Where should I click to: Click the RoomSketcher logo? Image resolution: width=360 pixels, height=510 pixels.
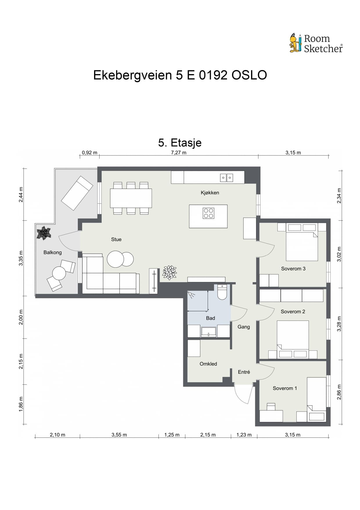point(316,43)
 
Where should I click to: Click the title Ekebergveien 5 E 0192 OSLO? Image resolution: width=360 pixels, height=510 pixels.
point(180,75)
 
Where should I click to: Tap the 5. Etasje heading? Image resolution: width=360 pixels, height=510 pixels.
point(180,143)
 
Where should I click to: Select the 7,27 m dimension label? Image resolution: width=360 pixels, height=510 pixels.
point(179,153)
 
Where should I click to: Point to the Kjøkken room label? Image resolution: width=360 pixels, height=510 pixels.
point(210,193)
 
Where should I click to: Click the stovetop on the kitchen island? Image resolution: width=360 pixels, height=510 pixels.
point(208,213)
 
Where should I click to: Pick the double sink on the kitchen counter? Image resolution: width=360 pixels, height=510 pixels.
point(226,178)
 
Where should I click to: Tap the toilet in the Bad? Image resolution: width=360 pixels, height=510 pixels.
point(222,292)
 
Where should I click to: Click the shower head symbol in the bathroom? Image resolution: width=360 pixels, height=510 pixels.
point(191,295)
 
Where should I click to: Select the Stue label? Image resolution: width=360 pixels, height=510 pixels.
point(116,239)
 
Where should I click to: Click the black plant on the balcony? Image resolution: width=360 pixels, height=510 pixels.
point(44,233)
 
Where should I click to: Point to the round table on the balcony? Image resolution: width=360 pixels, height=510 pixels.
point(59,273)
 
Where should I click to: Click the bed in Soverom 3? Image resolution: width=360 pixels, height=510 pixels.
point(302,242)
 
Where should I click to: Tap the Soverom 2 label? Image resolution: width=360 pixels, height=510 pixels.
point(293,312)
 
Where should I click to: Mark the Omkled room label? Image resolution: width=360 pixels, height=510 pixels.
point(208,364)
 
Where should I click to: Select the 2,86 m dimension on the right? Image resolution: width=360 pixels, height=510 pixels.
point(339,392)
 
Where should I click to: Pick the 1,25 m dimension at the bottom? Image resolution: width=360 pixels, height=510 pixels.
point(172,435)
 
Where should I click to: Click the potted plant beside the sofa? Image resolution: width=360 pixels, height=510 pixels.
point(170,273)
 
